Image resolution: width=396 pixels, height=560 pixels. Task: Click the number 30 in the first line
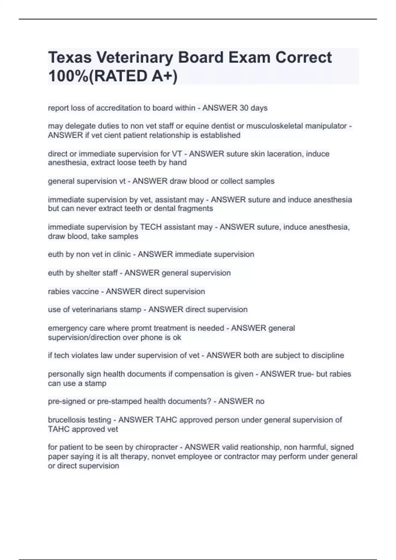[244, 108]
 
